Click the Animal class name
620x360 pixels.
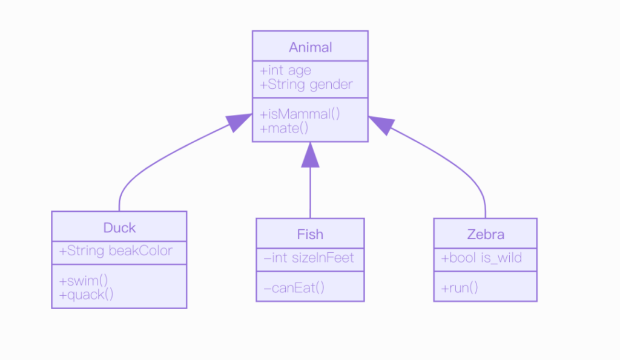pyautogui.click(x=311, y=47)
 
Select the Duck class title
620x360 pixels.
pyautogui.click(x=119, y=228)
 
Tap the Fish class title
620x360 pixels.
pyautogui.click(x=311, y=235)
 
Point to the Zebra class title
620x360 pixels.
pyautogui.click(x=486, y=235)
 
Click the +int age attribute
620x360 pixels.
pyautogui.click(x=286, y=71)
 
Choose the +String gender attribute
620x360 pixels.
pyautogui.click(x=306, y=85)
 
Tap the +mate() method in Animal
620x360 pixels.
pyautogui.click(x=285, y=128)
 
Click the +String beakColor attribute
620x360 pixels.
pyautogui.click(x=116, y=251)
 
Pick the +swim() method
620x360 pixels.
pyautogui.click(x=84, y=281)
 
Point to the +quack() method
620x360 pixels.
pyautogui.click(x=86, y=295)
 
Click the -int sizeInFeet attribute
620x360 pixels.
pyautogui.click(x=309, y=258)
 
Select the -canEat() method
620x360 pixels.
pyautogui.click(x=294, y=288)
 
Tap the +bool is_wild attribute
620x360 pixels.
pyautogui.click(x=481, y=258)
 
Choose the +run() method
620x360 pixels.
pyautogui.click(x=460, y=288)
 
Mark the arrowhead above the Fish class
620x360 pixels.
pyautogui.click(x=311, y=155)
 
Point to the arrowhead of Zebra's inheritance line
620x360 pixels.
pyautogui.click(x=381, y=125)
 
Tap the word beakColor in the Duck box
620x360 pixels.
pyautogui.click(x=140, y=251)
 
